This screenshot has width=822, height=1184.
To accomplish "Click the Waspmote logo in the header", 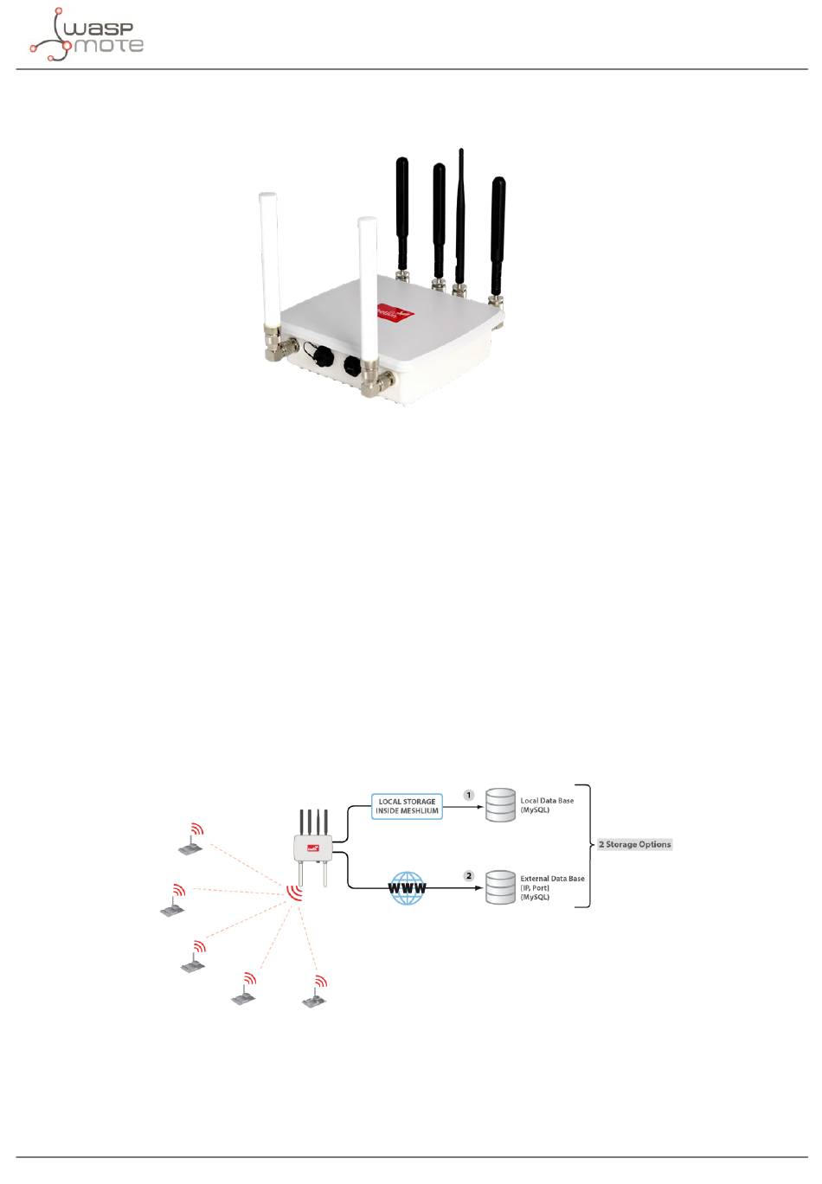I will [x=86, y=35].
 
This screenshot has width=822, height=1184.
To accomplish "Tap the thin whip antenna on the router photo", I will [x=460, y=216].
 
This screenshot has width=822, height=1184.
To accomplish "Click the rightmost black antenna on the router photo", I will [x=498, y=234].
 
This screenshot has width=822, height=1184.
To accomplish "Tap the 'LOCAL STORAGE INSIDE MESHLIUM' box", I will [x=407, y=807].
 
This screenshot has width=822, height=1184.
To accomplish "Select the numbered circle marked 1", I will [x=469, y=794].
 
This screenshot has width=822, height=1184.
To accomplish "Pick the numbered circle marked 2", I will [x=469, y=875].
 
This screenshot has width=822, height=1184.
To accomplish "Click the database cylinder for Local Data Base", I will [x=500, y=805].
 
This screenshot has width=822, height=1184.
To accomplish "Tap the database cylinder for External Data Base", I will [x=500, y=887].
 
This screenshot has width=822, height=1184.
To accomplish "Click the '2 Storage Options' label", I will [x=634, y=844].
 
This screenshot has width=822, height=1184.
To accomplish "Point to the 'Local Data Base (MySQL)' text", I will [x=547, y=805].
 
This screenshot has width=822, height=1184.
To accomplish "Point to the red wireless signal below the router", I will [x=296, y=891].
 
